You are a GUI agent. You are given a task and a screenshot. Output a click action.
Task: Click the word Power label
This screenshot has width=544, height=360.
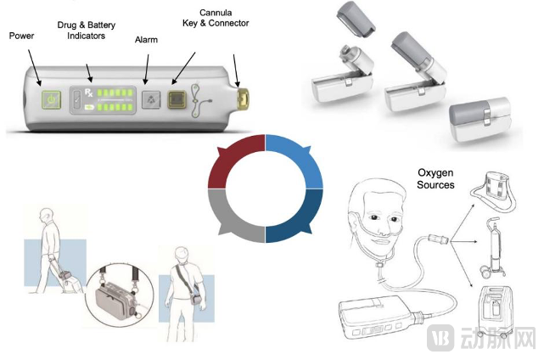pos(21,36)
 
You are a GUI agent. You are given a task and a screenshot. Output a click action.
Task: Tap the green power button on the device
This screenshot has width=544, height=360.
pos(52,99)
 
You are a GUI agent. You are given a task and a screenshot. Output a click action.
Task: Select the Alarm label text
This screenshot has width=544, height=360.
pos(146,40)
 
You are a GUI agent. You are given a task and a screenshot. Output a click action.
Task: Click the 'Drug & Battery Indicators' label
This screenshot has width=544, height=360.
pos(87,32)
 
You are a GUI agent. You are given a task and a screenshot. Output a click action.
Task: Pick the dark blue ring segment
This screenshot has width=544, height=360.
pos(297,217)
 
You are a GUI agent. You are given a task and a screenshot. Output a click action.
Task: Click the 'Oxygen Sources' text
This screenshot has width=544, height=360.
pos(435,179)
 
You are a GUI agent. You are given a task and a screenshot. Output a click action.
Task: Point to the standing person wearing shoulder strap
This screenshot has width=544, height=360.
pos(182,284)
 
